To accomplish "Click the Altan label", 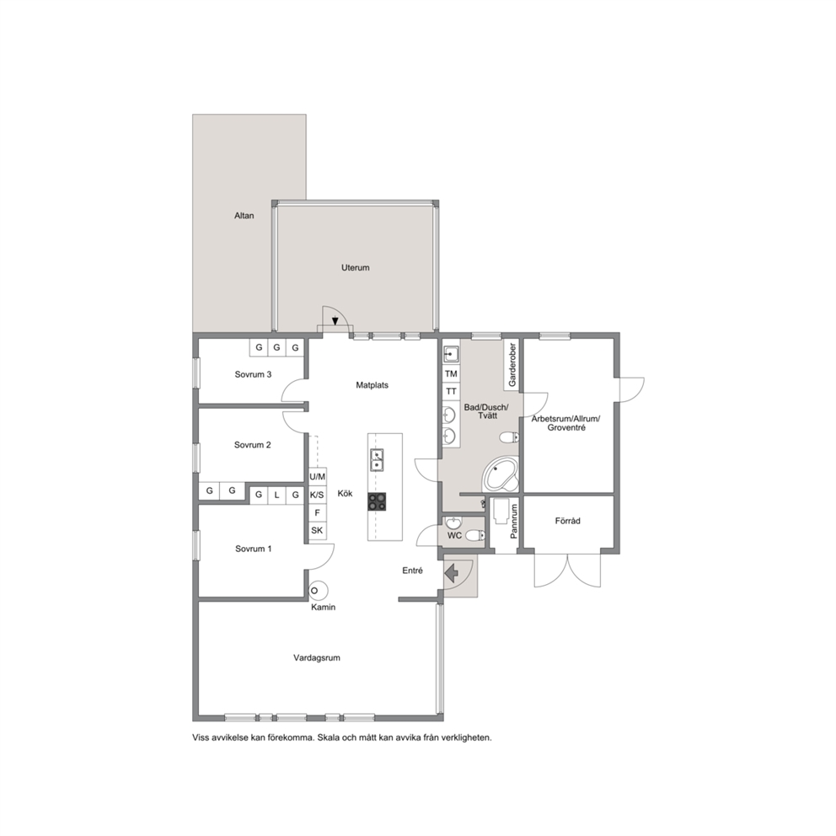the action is [x=244, y=216].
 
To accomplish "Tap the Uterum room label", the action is [x=355, y=268].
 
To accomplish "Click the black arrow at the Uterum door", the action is [x=335, y=321].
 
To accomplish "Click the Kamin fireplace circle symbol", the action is [x=319, y=590].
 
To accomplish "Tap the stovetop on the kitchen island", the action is [x=377, y=501].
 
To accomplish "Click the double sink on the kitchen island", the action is [x=377, y=461].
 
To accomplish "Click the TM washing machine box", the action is [x=451, y=373].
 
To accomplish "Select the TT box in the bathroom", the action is [x=451, y=391].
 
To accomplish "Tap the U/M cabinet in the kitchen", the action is [x=317, y=477].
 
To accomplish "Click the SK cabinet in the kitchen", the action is [x=317, y=530].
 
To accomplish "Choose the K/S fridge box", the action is [x=317, y=495].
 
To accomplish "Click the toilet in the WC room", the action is [x=474, y=535].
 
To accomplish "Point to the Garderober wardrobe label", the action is [x=512, y=365].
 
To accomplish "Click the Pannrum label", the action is [x=514, y=522].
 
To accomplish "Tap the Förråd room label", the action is [x=567, y=521].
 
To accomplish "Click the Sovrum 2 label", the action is [x=253, y=445].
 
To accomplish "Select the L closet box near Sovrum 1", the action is [x=276, y=495].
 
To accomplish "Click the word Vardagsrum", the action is [x=317, y=658].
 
